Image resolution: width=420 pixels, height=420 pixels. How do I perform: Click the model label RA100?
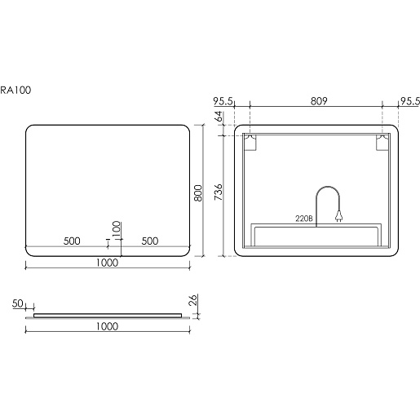[15, 90]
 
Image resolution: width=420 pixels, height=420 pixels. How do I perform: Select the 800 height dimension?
[199, 193]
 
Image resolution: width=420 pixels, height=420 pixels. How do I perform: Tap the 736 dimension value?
[219, 192]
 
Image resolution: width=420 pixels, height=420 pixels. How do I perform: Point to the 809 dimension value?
[319, 101]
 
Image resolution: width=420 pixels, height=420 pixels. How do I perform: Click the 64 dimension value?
[219, 117]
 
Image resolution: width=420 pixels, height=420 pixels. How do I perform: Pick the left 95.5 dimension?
[223, 101]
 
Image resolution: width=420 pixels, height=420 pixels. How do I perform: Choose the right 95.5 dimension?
[410, 101]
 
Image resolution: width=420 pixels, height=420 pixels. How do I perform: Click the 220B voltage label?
[304, 219]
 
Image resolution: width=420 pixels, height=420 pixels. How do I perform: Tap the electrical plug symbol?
[338, 216]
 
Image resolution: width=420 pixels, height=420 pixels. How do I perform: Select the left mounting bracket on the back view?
[250, 142]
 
